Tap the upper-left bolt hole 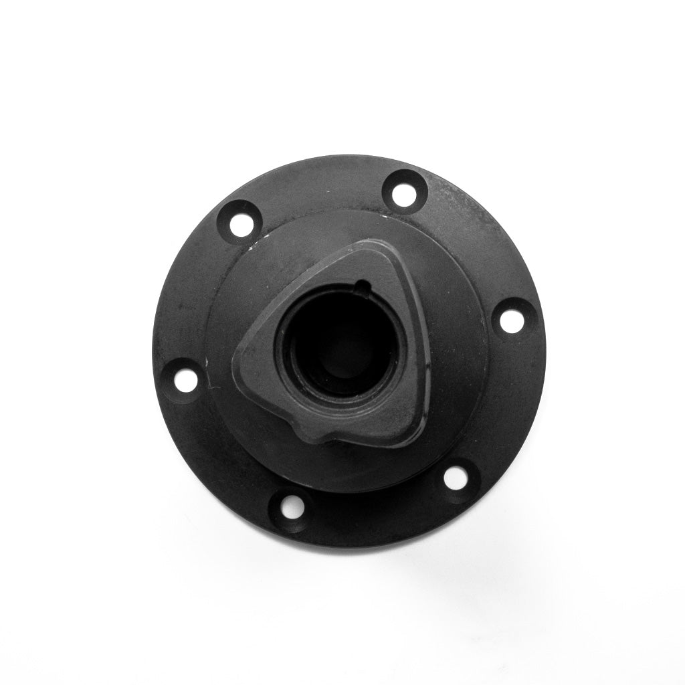point(241,225)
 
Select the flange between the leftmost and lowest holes point(221,462)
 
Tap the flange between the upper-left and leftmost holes point(194,294)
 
